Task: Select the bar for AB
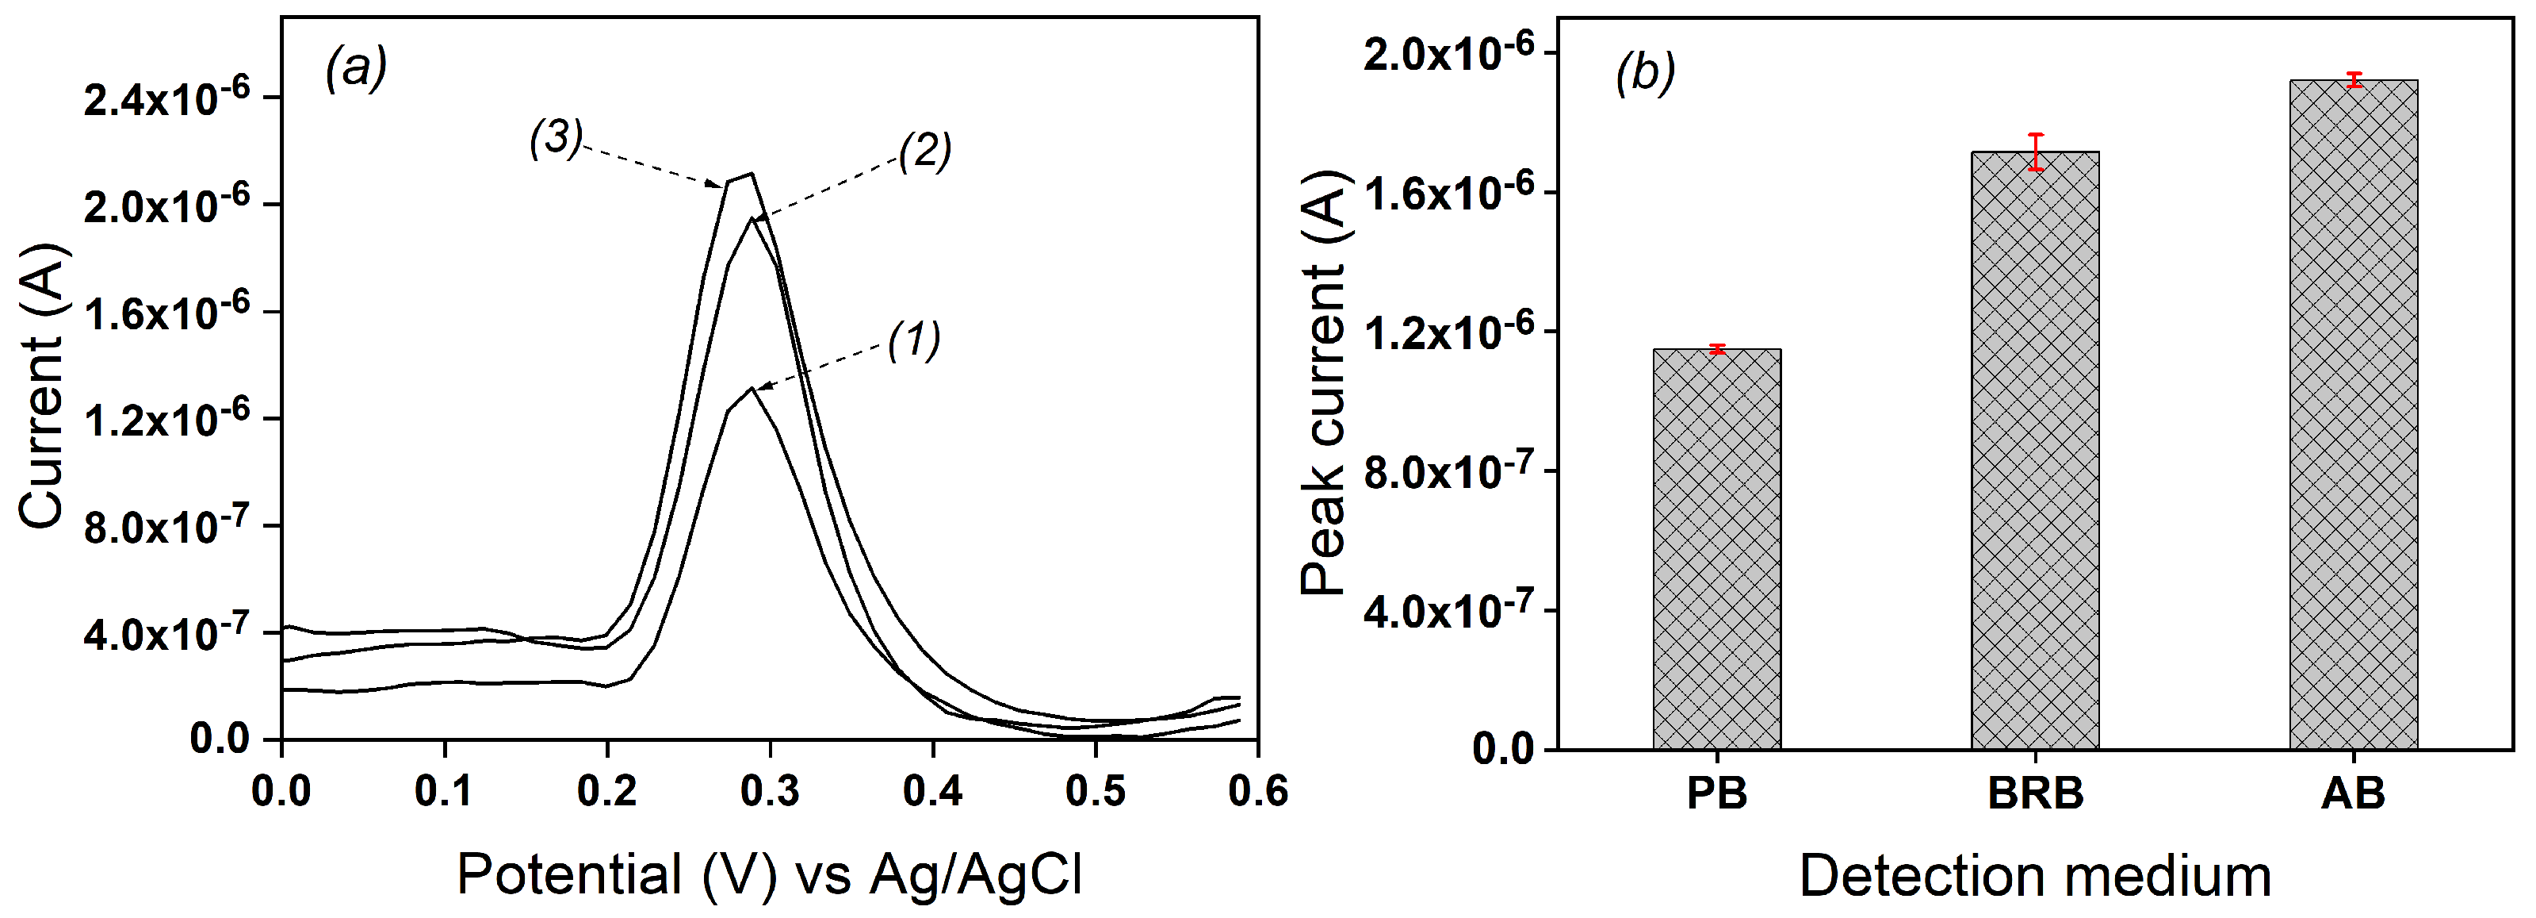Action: click(x=2353, y=413)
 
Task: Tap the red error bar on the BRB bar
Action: click(x=2036, y=152)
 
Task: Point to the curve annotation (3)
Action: click(x=557, y=138)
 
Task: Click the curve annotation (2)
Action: click(x=924, y=151)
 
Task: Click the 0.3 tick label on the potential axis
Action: click(x=769, y=791)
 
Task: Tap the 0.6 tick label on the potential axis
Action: click(x=1257, y=791)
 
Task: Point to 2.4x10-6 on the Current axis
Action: click(x=166, y=98)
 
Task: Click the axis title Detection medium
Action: click(x=2035, y=876)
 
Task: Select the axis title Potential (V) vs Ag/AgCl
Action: click(x=769, y=874)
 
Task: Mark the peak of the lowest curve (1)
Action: click(x=752, y=388)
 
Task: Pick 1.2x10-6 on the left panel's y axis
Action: click(x=166, y=421)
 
